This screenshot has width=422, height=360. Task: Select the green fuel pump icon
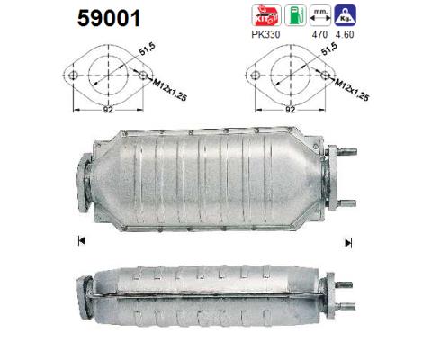tap(291, 16)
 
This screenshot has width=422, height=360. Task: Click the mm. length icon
tap(319, 16)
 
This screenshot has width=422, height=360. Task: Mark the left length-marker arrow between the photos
tap(81, 242)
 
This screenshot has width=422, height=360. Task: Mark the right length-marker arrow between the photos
tap(348, 242)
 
